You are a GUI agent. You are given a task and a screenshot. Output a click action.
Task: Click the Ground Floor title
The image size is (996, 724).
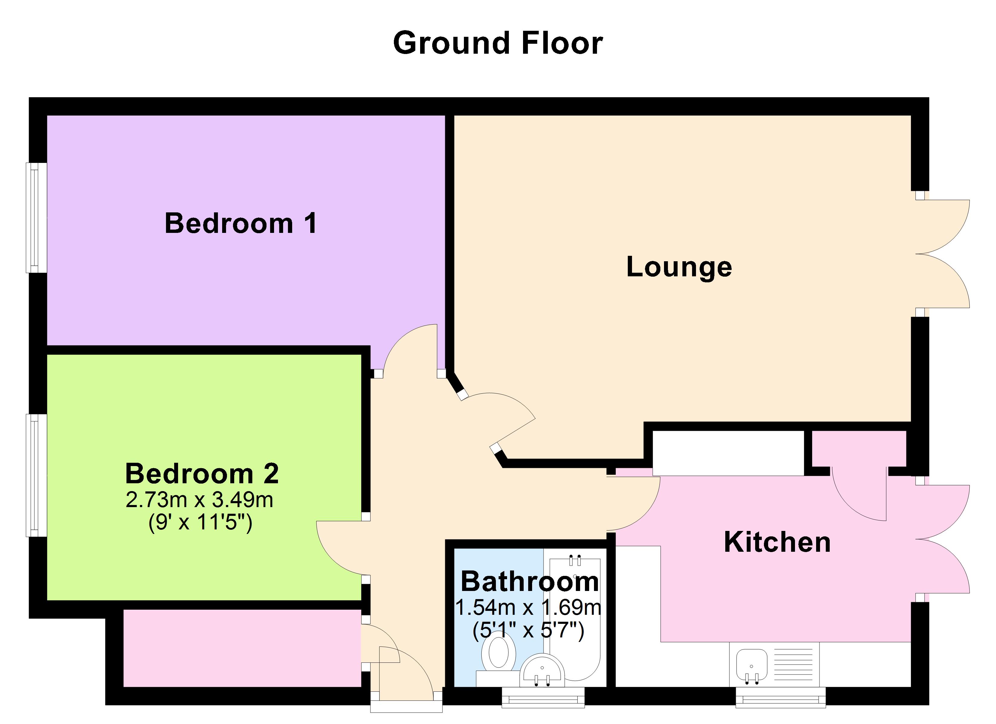(x=498, y=43)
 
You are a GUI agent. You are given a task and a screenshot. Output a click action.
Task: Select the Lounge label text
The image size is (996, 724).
(x=679, y=267)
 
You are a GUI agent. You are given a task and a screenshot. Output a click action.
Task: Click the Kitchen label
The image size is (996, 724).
(x=777, y=542)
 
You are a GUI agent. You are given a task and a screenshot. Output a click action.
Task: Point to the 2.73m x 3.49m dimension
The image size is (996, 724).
(x=200, y=500)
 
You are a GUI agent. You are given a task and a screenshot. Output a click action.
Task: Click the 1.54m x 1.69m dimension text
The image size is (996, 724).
(x=528, y=608)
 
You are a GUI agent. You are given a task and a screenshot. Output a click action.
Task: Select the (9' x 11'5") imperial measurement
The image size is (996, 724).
(x=200, y=522)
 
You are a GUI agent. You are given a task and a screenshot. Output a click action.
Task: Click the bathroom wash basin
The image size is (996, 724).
(x=542, y=670)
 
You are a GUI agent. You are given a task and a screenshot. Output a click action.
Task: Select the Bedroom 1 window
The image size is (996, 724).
(x=36, y=218)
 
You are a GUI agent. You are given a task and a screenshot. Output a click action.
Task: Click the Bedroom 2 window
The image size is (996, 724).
(x=36, y=475)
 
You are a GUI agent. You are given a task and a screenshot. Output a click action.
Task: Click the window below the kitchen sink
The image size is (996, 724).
(x=781, y=697)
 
